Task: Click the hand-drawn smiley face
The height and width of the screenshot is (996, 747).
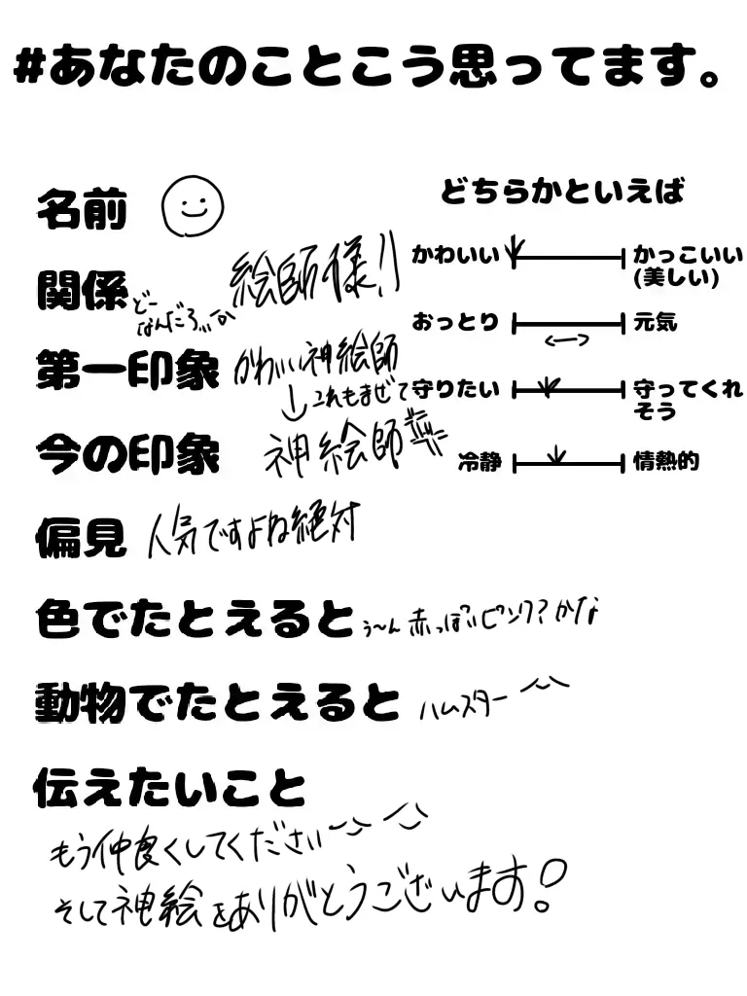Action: [x=194, y=204]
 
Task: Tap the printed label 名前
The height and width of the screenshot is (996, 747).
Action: [x=83, y=209]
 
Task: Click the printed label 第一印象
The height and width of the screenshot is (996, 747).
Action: [x=126, y=371]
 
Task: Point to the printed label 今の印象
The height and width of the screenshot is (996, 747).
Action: [x=126, y=453]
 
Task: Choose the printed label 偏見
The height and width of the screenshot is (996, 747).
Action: [x=81, y=536]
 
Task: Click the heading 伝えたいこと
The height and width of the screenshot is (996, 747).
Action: [x=169, y=789]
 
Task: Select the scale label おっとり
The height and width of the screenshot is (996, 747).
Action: [x=455, y=322]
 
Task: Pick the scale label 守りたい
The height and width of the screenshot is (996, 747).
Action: [x=456, y=390]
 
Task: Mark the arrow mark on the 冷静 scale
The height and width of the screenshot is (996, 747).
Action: [x=556, y=453]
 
